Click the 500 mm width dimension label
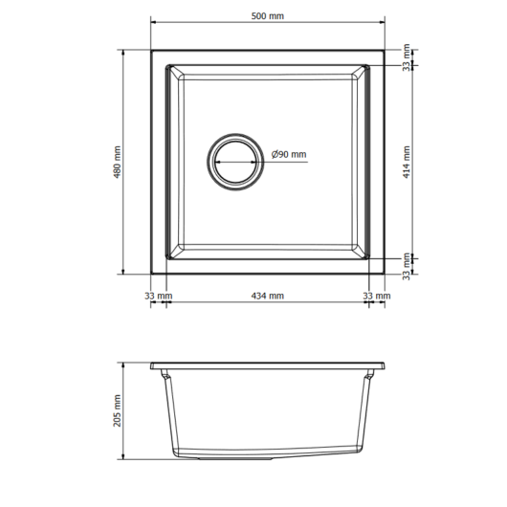(268, 16)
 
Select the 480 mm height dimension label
(117, 162)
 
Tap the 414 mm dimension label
(407, 162)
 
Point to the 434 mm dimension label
(268, 296)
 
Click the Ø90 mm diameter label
(289, 154)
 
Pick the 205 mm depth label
(117, 410)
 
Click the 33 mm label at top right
(407, 57)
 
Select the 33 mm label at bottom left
(159, 296)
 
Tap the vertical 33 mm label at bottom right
(407, 267)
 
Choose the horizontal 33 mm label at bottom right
(377, 296)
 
